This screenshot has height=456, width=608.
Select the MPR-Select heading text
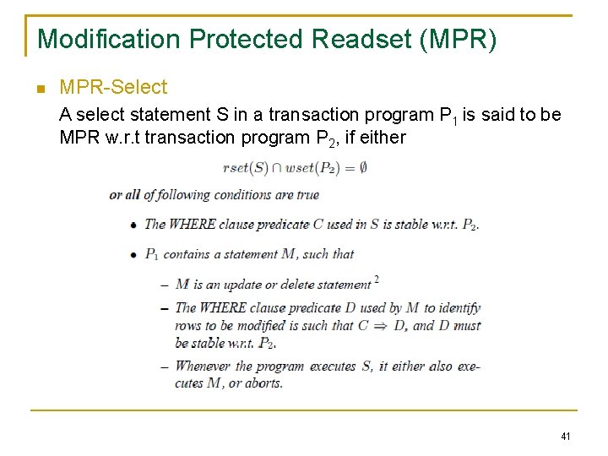[113, 87]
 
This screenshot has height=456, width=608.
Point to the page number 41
[565, 437]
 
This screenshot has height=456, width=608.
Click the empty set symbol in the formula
[362, 168]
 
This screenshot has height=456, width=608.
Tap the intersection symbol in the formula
[278, 168]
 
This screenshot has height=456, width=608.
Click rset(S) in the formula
[246, 168]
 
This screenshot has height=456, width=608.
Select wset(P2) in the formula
[312, 168]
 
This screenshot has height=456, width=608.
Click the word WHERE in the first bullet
[193, 224]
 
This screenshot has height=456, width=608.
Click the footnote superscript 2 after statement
[376, 280]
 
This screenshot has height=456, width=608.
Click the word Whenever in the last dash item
[203, 366]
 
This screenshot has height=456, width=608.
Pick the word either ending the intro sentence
[384, 136]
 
